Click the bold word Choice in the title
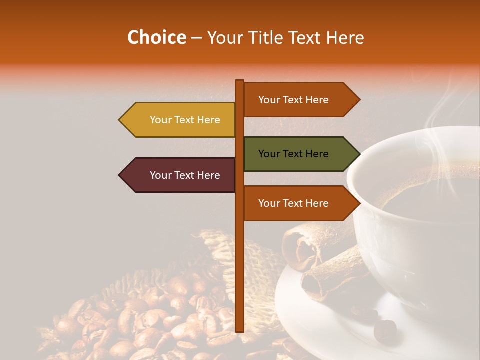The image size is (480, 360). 156,37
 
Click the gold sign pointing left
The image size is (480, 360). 180,120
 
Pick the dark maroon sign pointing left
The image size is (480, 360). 180,175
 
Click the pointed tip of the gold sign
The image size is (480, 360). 120,120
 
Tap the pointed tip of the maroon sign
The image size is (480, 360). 120,175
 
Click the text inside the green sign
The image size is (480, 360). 293,154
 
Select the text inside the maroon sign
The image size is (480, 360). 185,175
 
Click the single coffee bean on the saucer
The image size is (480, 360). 385,329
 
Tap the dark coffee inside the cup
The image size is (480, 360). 430,200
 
